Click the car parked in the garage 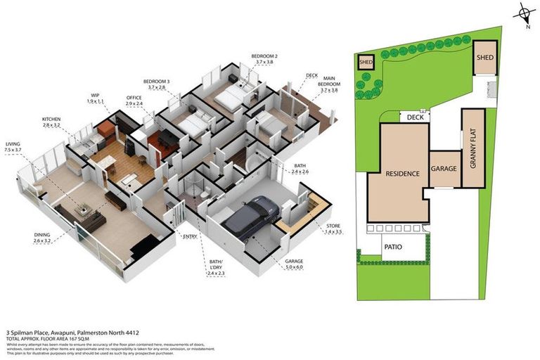coord(250,215)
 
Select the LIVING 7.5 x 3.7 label coord(14,146)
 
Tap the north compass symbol coord(524,13)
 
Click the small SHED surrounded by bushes coord(366,62)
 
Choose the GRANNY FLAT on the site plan coord(473,148)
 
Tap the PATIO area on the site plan coord(393,247)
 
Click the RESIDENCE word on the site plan coord(401,173)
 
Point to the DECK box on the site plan coord(415,117)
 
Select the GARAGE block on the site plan coord(444,169)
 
